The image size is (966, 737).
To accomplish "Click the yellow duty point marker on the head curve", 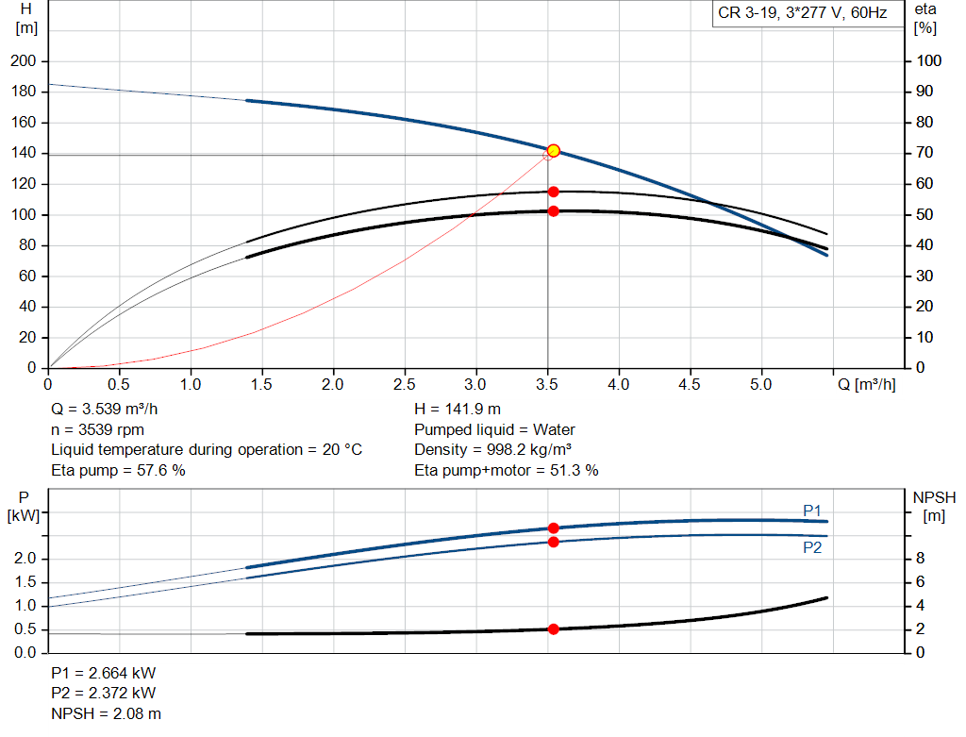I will [554, 151].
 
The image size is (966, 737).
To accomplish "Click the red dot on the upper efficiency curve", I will [554, 192].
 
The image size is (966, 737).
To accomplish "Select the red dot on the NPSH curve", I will [554, 628].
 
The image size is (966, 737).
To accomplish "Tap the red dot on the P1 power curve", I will [554, 528].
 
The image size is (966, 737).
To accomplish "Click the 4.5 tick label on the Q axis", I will [690, 385].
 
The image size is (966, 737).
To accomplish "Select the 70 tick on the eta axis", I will [925, 153].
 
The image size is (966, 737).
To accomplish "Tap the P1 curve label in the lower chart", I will [812, 511].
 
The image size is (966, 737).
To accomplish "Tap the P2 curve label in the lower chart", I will [812, 546].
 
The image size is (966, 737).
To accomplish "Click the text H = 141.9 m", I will [458, 410].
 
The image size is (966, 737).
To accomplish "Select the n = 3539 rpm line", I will [97, 429].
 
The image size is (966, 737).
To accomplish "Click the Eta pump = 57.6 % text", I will [118, 469].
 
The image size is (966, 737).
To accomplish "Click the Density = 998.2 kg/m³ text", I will [493, 449].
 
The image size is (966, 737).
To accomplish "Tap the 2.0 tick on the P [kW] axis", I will [25, 559].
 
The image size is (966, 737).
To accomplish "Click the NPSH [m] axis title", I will [935, 506].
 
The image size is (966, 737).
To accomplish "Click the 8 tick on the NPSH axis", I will [921, 559].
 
